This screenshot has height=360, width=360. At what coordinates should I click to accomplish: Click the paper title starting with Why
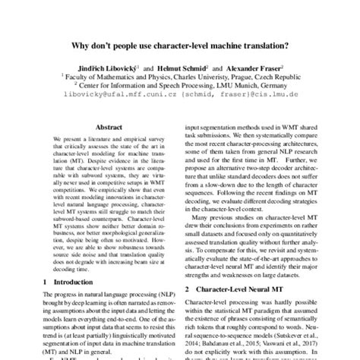tap(180, 55)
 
